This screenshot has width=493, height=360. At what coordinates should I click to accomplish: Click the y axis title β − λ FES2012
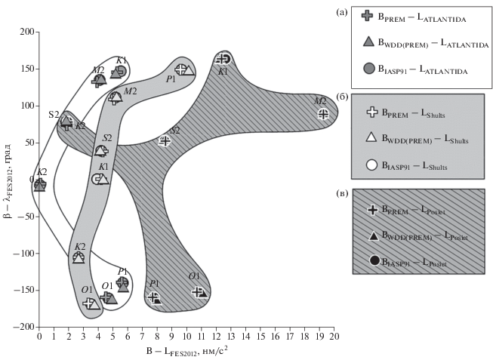pos(11,180)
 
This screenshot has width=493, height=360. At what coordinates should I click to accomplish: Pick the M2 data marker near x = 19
pos(322,114)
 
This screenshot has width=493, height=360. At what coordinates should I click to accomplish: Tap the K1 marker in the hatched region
pos(223,59)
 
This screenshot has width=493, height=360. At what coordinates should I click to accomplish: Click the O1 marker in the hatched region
pos(199,291)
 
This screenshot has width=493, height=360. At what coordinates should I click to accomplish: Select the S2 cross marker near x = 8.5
pos(165,140)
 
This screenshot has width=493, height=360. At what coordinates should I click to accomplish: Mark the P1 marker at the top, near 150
pos(183,69)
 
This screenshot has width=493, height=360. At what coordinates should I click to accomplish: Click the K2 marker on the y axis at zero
pos(40,183)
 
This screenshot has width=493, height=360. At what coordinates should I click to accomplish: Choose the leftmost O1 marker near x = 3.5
pos(91,303)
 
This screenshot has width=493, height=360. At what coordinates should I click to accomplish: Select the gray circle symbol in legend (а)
pos(368,68)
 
